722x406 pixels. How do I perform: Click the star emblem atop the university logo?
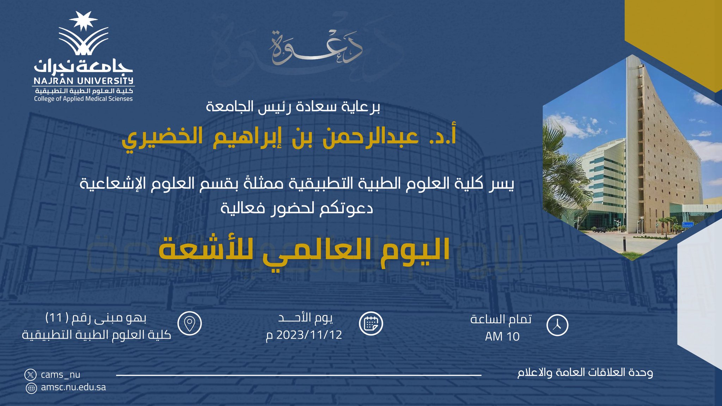click(x=83, y=21)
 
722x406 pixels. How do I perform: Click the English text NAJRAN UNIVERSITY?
click(x=84, y=81)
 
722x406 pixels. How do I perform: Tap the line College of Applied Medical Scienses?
click(x=83, y=99)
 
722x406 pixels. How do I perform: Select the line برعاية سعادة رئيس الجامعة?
click(x=293, y=107)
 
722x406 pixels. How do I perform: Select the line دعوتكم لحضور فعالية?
click(x=297, y=208)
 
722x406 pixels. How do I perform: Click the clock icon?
click(x=557, y=325)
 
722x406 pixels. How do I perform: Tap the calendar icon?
click(x=371, y=323)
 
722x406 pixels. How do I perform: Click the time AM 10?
click(x=502, y=337)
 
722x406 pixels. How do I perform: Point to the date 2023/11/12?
click(x=309, y=334)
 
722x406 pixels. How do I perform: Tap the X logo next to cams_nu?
click(x=31, y=374)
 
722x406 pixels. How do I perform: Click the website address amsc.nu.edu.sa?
click(x=73, y=387)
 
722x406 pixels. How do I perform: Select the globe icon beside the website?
click(x=31, y=388)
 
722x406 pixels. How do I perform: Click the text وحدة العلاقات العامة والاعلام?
click(x=585, y=373)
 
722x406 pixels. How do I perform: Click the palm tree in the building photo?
click(x=564, y=166)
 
